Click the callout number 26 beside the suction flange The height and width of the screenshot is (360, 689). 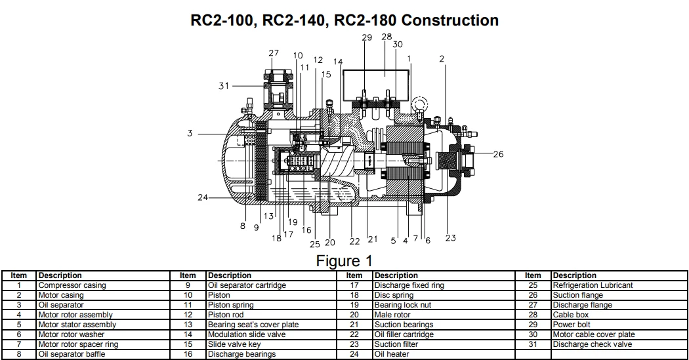point(499,155)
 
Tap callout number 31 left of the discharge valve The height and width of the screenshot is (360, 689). point(224,86)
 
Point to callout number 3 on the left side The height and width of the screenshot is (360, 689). point(190,134)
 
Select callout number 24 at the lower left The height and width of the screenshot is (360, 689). point(203,197)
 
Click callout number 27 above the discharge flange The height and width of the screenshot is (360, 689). point(274,54)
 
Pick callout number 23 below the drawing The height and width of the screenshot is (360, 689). point(450,239)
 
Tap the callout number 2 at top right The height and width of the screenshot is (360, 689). point(442,59)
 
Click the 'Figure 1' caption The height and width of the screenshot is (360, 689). point(344,261)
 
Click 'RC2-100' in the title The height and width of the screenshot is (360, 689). point(220,20)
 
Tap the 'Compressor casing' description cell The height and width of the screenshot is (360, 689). point(72,285)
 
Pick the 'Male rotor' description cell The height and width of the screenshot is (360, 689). point(392,315)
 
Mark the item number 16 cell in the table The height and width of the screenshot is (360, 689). point(188,354)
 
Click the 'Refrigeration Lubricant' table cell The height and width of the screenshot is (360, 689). point(593,285)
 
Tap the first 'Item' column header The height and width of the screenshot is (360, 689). point(19,275)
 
